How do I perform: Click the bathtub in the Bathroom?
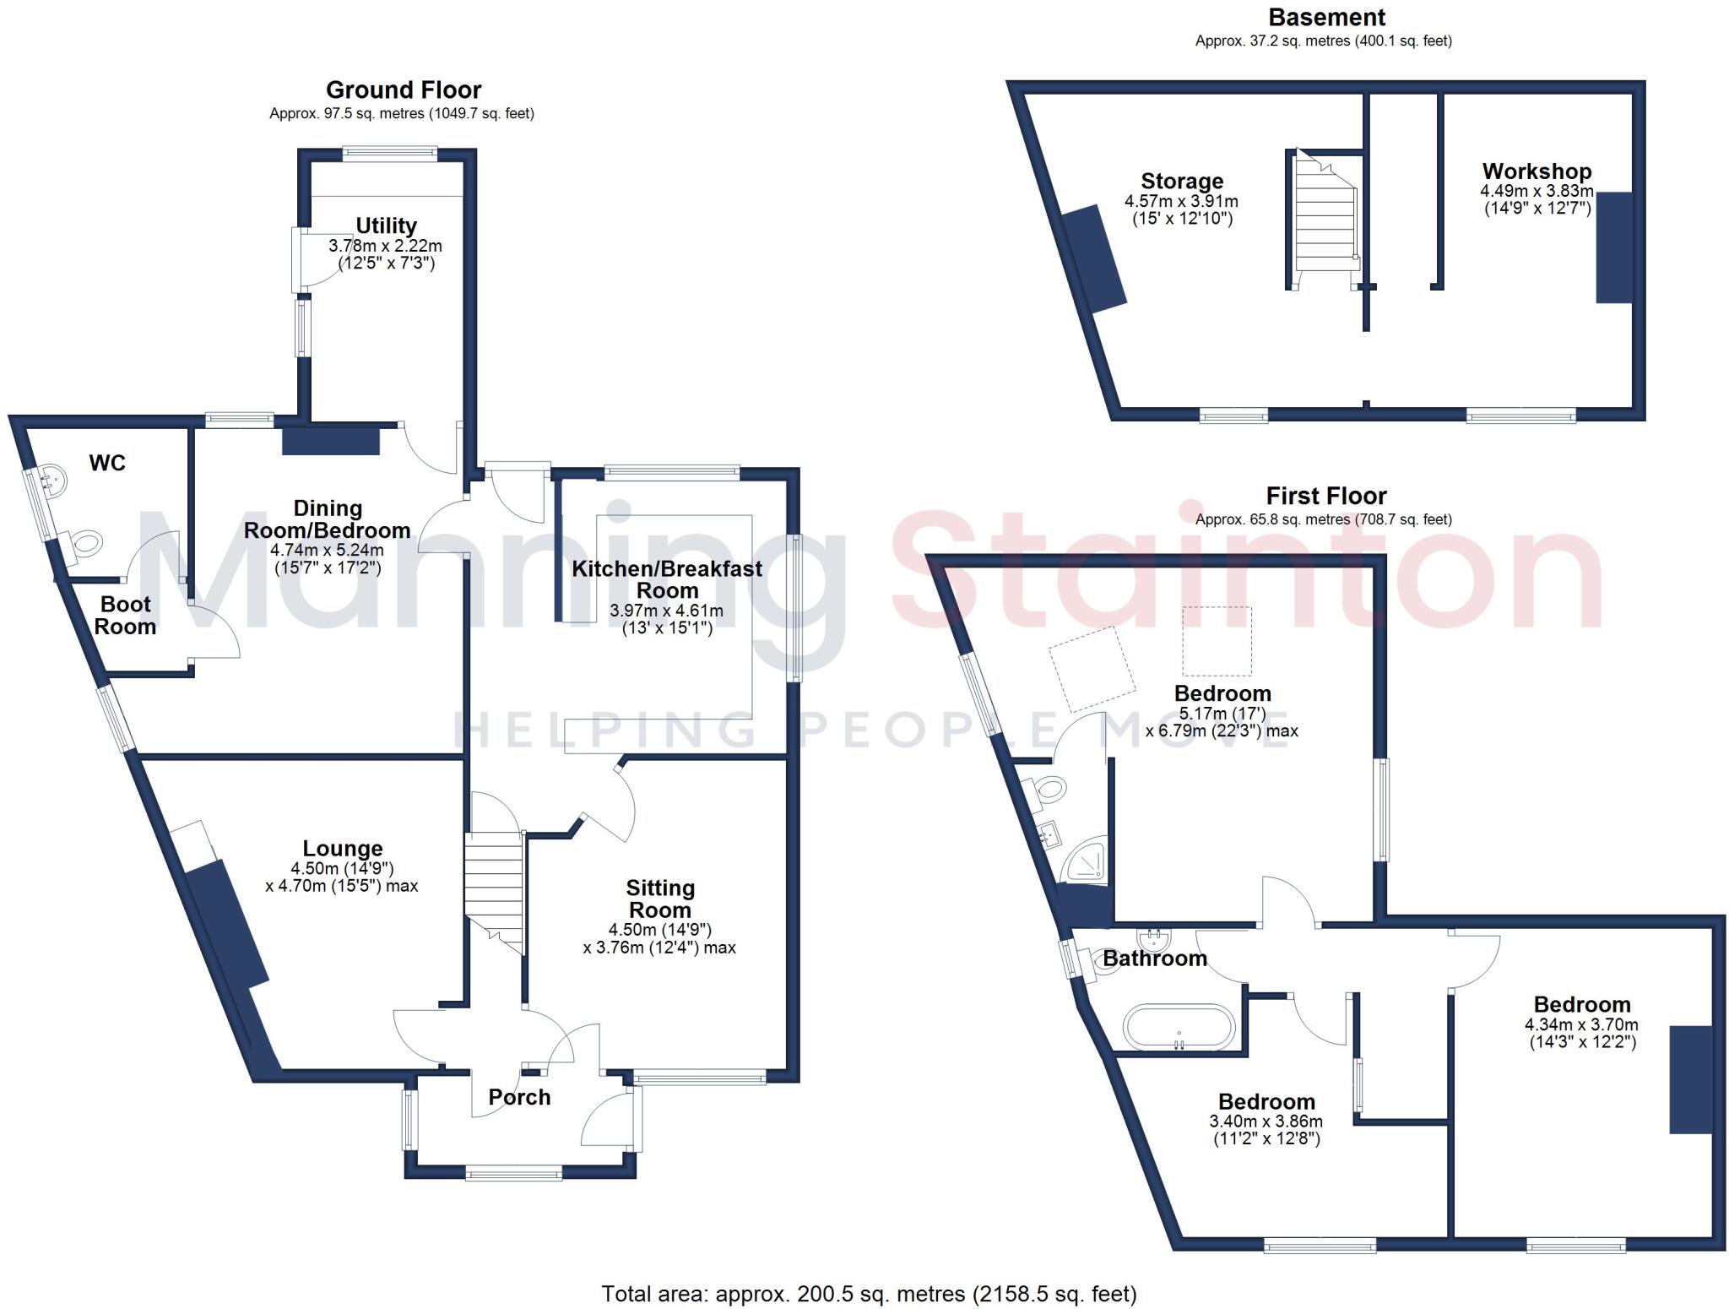1179,1027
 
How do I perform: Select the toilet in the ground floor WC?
85,541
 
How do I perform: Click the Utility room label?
386,226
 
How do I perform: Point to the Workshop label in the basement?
1537,171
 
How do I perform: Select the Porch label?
519,1097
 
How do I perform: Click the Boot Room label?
125,615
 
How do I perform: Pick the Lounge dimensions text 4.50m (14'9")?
342,868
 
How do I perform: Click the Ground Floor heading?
404,90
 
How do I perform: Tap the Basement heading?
1326,18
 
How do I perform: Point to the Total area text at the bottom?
869,1293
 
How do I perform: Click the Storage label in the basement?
1181,182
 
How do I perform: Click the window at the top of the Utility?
389,154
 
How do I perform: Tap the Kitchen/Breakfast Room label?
667,579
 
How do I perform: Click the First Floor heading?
1325,496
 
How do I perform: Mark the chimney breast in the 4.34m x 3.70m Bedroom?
1690,1078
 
